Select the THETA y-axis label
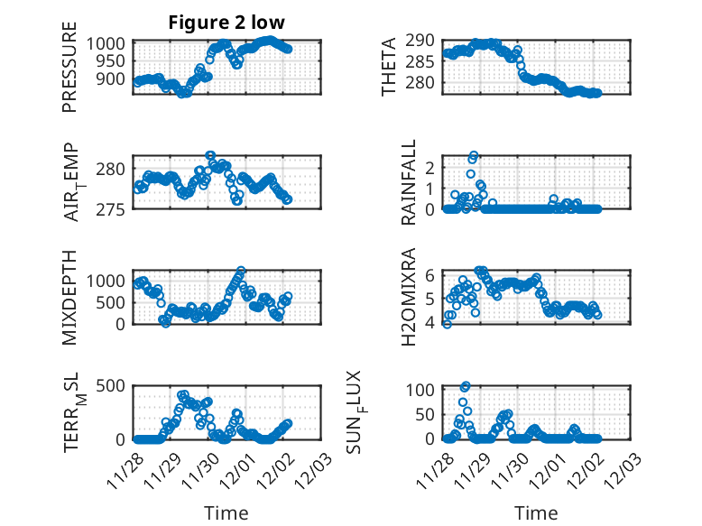click(389, 67)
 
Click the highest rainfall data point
click(474, 155)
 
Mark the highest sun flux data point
click(466, 386)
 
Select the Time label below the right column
click(536, 512)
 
